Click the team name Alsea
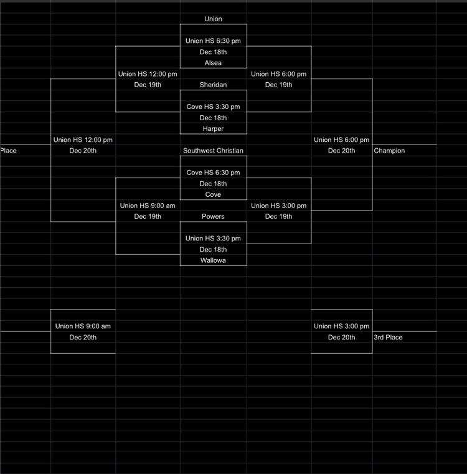(213, 63)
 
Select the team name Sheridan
(213, 85)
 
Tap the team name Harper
(213, 129)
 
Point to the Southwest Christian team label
(213, 151)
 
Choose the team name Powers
(213, 217)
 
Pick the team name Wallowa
(213, 260)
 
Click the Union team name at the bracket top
(213, 19)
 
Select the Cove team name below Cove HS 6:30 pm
(213, 194)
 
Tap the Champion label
(389, 151)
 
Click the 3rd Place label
(388, 338)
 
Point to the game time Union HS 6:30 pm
(213, 41)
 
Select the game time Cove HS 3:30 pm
(213, 107)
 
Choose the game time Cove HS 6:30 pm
(213, 173)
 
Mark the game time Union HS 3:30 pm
(213, 239)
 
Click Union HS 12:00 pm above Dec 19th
(148, 74)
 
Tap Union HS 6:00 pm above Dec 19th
(278, 74)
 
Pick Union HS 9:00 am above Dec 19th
(148, 206)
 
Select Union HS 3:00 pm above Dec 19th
(278, 206)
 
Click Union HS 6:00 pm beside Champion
(341, 140)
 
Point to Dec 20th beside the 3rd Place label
(341, 338)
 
